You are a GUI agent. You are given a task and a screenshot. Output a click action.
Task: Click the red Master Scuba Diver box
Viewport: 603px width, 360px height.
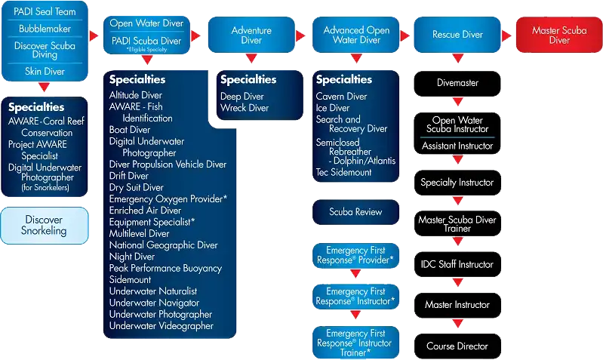pyautogui.click(x=559, y=35)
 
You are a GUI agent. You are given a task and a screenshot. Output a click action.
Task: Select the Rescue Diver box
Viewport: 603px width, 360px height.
pyautogui.click(x=457, y=35)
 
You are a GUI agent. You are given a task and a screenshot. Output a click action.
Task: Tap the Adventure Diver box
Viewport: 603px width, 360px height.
pyautogui.click(x=251, y=35)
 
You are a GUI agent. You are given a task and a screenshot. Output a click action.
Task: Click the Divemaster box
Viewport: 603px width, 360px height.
pyautogui.click(x=457, y=83)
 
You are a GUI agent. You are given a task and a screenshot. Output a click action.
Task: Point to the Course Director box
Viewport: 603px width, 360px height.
pyautogui.click(x=457, y=346)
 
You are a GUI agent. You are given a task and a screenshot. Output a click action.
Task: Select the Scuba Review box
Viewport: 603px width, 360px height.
pyautogui.click(x=355, y=212)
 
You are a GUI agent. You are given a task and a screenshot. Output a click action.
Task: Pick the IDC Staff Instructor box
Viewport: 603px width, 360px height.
pyautogui.click(x=457, y=265)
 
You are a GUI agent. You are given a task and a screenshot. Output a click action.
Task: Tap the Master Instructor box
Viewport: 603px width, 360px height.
pyautogui.click(x=457, y=305)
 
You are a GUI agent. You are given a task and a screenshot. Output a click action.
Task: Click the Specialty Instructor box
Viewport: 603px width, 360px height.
pyautogui.click(x=457, y=183)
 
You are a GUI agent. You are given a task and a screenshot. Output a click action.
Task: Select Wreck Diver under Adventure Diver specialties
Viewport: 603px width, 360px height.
pyautogui.click(x=245, y=108)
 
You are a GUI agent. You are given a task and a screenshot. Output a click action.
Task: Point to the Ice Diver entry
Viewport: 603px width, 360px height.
pyautogui.click(x=333, y=108)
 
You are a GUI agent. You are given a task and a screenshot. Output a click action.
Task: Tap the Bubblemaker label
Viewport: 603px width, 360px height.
pyautogui.click(x=45, y=29)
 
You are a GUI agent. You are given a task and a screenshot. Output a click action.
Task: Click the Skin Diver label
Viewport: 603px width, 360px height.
pyautogui.click(x=45, y=72)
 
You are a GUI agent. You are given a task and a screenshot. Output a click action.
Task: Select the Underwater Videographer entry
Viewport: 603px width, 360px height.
pyautogui.click(x=161, y=326)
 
